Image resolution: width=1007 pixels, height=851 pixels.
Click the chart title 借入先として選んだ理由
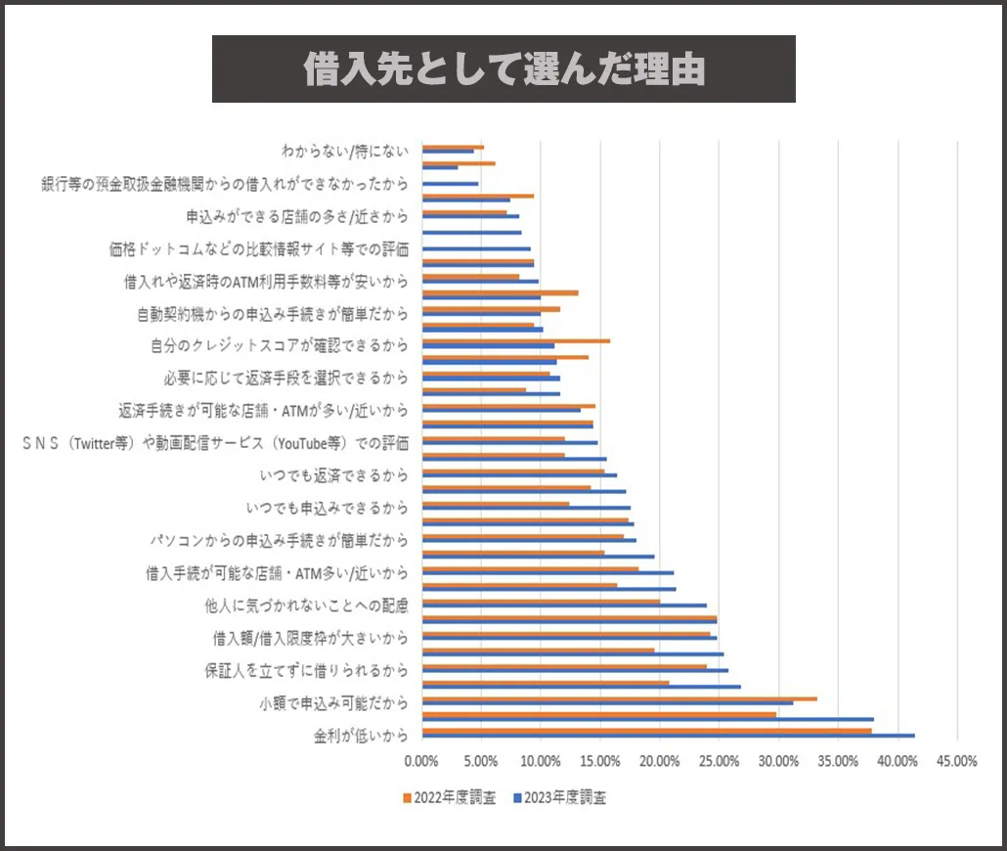pyautogui.click(x=503, y=69)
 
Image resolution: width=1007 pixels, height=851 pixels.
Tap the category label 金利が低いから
pyautogui.click(x=361, y=736)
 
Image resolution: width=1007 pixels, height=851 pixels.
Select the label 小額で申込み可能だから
pyautogui.click(x=333, y=703)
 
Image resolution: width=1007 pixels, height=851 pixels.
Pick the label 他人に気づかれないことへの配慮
pyautogui.click(x=306, y=605)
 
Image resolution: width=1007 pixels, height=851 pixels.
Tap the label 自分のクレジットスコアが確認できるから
pyautogui.click(x=279, y=345)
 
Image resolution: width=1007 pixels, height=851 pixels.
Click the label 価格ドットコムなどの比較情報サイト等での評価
pyautogui.click(x=258, y=248)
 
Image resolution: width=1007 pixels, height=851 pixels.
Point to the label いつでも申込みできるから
pyautogui.click(x=327, y=508)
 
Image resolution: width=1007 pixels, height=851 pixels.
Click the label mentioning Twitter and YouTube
pyautogui.click(x=215, y=443)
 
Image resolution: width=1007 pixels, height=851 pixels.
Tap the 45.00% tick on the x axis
pyautogui.click(x=956, y=761)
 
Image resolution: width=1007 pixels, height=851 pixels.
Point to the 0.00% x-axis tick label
pyautogui.click(x=421, y=761)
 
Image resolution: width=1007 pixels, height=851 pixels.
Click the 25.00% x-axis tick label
pyautogui.click(x=719, y=761)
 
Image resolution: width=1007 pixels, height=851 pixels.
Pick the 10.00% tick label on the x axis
pyautogui.click(x=540, y=761)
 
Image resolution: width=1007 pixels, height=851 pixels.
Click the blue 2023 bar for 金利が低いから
pyautogui.click(x=668, y=736)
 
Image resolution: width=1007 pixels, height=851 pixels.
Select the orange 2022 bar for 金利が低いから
pyautogui.click(x=646, y=730)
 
